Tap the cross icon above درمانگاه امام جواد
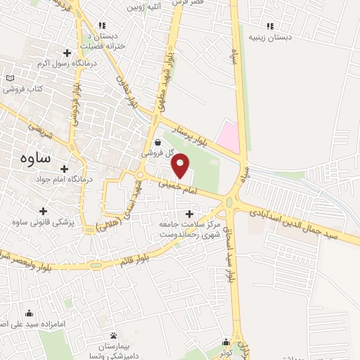pyautogui.click(x=65, y=169)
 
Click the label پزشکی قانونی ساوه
pyautogui.click(x=44, y=222)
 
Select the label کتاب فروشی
pyautogui.click(x=22, y=89)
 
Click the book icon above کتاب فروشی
pyautogui.click(x=9, y=78)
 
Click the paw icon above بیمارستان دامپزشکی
pyautogui.click(x=113, y=334)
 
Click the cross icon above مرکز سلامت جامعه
pyautogui.click(x=188, y=213)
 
